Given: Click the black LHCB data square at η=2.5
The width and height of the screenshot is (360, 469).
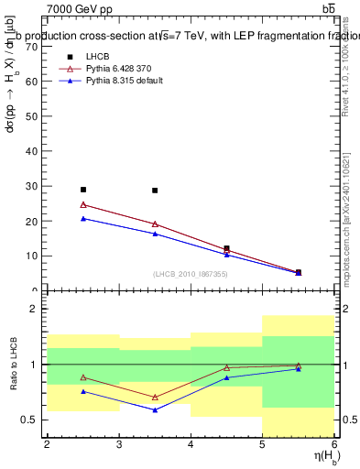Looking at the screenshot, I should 83,190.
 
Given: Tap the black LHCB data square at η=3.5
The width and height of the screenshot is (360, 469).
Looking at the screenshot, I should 155,191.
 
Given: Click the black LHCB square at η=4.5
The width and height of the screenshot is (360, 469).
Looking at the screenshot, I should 226,248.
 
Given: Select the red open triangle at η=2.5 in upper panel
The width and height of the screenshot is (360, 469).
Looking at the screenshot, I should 83,205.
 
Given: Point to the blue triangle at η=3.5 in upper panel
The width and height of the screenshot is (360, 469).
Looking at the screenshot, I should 155,234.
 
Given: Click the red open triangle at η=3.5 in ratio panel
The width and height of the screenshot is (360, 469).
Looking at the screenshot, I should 155,398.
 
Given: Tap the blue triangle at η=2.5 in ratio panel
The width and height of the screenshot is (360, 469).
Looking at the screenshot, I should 83,391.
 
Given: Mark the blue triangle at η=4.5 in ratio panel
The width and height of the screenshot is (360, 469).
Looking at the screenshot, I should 226,377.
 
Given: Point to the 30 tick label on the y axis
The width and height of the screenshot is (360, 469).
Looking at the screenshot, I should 33,186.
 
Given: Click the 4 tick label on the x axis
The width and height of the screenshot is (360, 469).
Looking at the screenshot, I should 191,444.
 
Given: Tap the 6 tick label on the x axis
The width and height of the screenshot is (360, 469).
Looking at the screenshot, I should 334,444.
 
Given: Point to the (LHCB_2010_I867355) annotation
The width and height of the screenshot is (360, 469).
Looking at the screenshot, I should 190,274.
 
